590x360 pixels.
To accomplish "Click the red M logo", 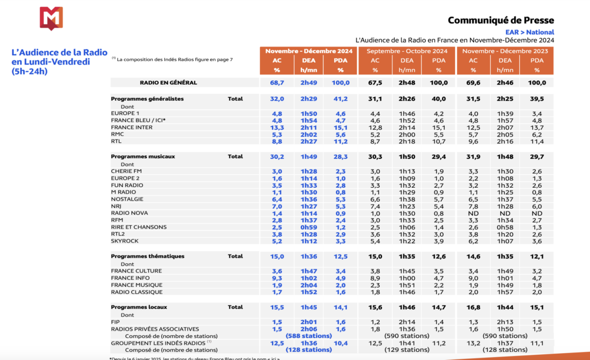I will (x=51, y=19).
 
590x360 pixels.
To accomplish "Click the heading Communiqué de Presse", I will (x=501, y=20).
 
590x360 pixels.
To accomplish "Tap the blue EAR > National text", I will (x=530, y=32).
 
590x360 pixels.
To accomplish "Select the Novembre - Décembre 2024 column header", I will (x=309, y=51).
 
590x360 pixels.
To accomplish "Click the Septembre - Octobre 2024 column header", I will (x=407, y=51).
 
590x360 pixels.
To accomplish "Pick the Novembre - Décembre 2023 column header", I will (x=505, y=51).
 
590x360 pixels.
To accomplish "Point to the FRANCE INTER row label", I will (x=131, y=127).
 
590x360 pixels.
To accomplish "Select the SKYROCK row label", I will (x=124, y=240).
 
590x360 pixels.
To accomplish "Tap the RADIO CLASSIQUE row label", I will (x=136, y=291).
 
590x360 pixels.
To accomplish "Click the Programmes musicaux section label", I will (x=143, y=156).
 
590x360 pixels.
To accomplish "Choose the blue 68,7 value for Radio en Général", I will (x=277, y=82).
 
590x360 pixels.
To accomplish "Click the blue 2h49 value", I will (x=309, y=82).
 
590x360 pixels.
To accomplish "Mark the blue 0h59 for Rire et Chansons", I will (x=309, y=226).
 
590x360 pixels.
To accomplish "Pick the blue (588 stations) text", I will (x=309, y=335).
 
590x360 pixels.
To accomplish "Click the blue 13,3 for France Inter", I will (x=277, y=127).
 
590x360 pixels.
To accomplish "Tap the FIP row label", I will (x=115, y=321).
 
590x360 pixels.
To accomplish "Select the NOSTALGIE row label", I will (x=127, y=199).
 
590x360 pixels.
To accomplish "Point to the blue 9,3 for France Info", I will (x=277, y=278).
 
